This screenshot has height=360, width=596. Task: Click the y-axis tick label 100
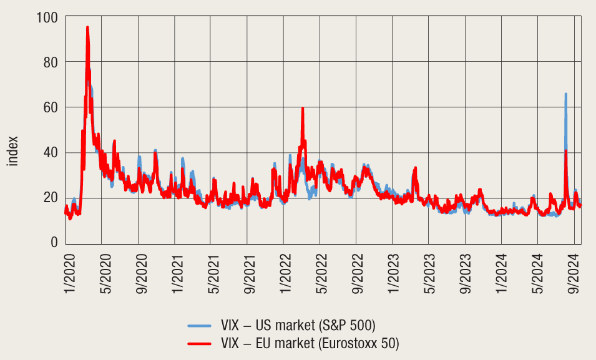point(48,17)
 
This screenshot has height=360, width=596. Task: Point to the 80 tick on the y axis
point(51,62)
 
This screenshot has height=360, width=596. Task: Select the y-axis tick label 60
point(51,107)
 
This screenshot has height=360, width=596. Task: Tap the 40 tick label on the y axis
point(51,152)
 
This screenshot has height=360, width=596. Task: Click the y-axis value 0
point(54,243)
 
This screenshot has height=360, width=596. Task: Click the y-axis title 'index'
point(12,152)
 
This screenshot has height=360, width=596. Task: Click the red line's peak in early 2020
point(87,27)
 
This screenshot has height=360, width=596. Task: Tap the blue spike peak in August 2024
point(565,94)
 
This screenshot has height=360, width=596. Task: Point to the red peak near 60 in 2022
point(303,109)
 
